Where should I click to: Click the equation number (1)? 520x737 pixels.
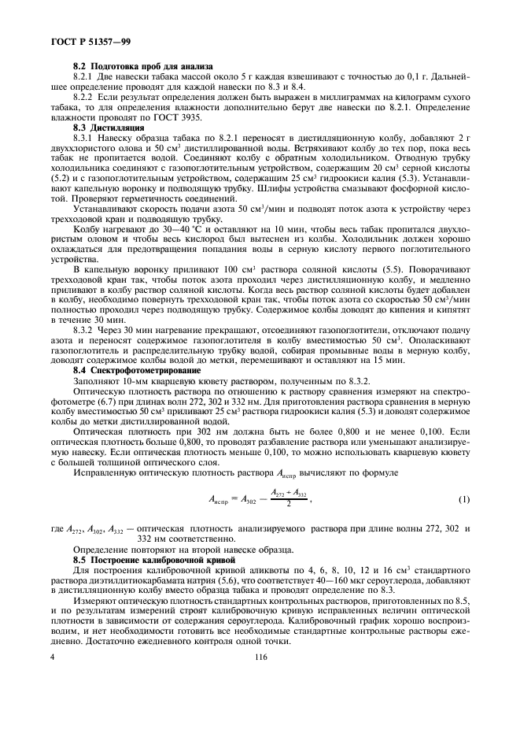tap(463, 499)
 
